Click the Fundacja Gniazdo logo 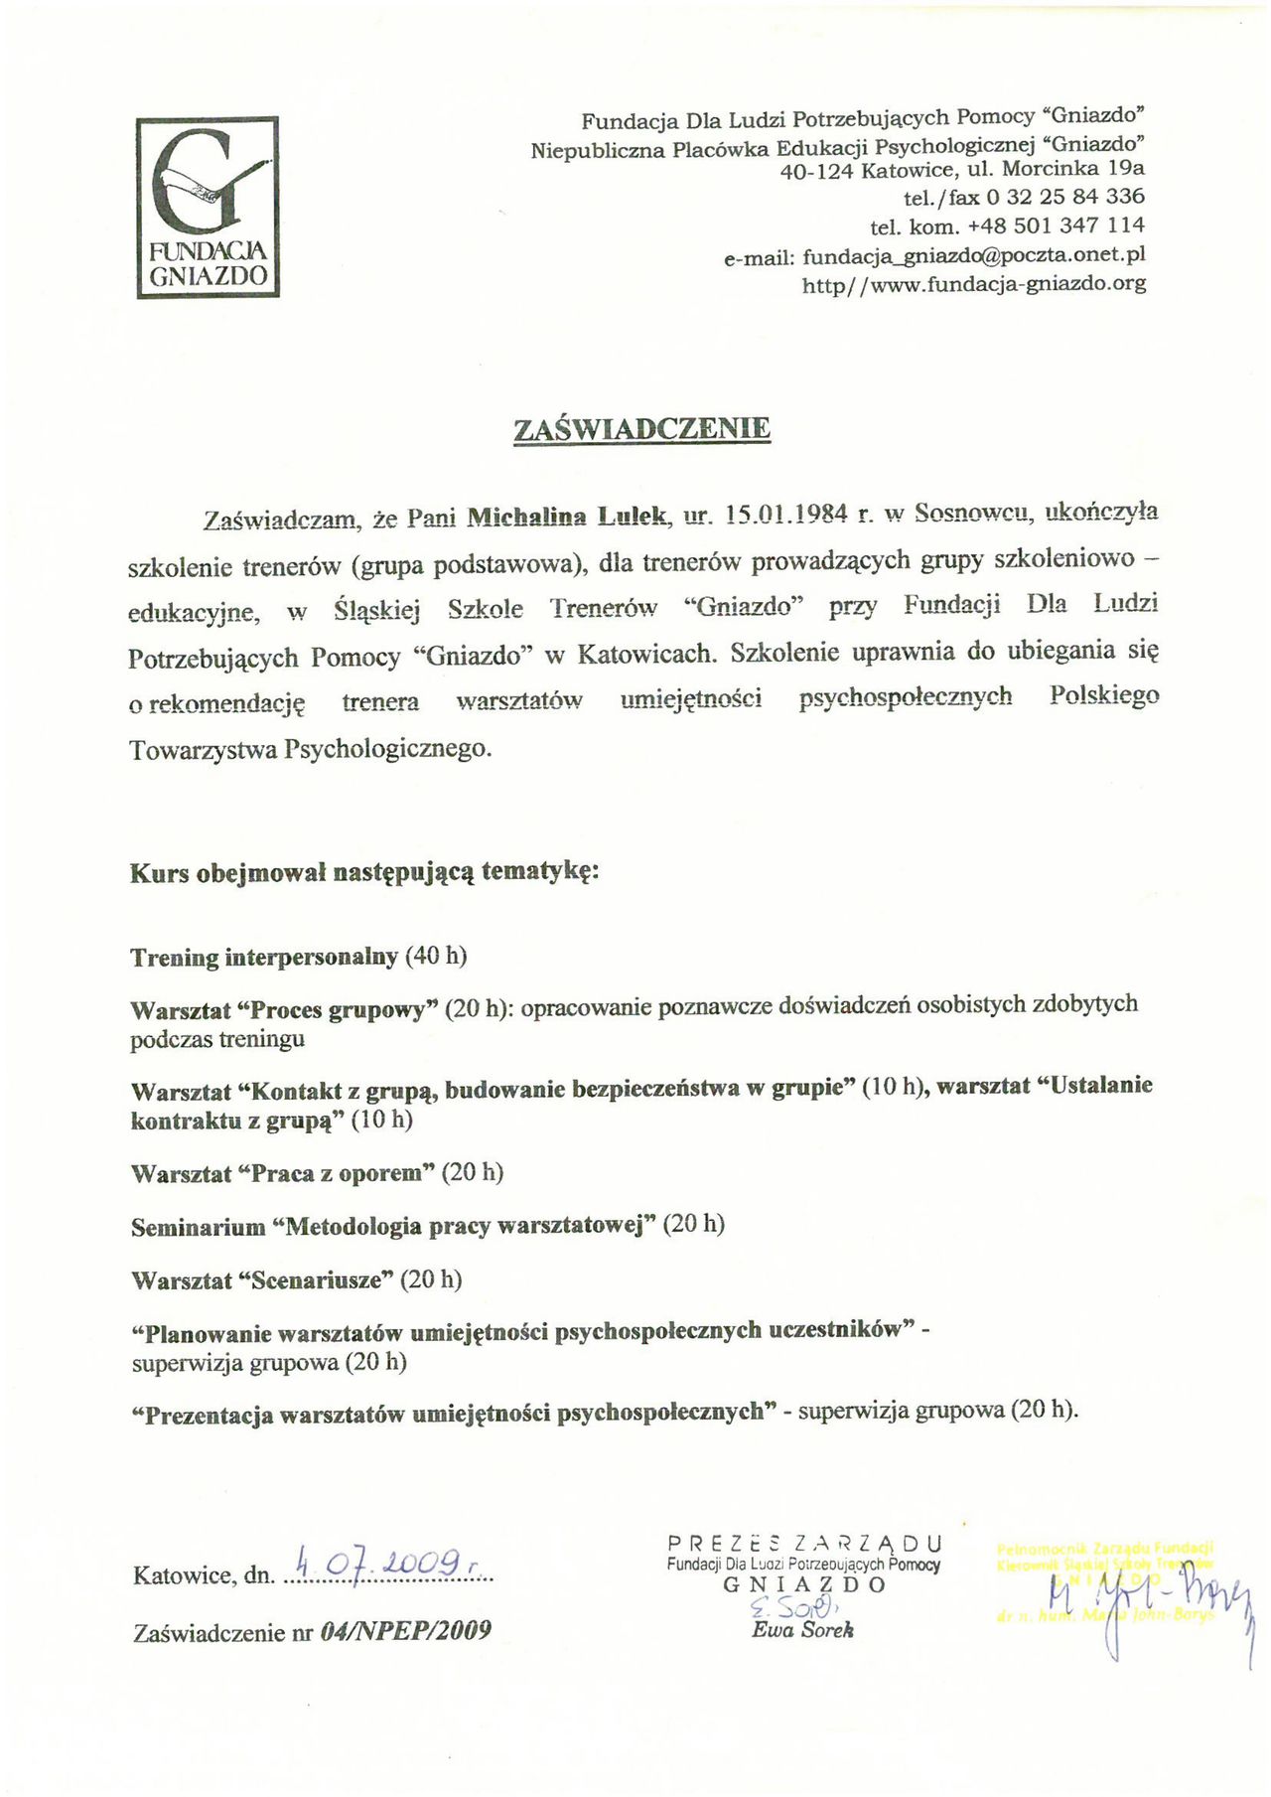tap(208, 207)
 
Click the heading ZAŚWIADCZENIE tap(641, 429)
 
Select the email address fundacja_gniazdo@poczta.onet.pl tap(974, 255)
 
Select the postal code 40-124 tap(817, 170)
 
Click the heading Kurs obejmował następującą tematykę tap(364, 873)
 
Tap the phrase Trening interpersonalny tap(264, 957)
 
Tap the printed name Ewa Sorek tap(802, 1629)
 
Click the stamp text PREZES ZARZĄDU tap(804, 1544)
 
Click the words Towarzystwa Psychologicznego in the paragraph tap(310, 748)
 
